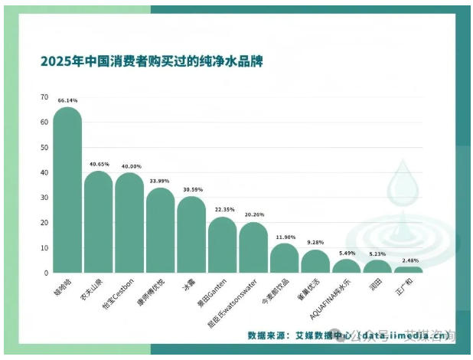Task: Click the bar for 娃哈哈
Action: tap(67, 191)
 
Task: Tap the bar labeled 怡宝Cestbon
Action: tap(129, 224)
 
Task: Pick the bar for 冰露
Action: tap(191, 236)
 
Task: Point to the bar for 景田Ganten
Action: tap(222, 246)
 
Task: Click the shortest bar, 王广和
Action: tap(408, 270)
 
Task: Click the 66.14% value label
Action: tap(67, 100)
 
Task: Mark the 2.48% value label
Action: tap(408, 260)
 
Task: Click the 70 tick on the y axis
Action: tap(44, 97)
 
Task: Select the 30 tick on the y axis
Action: tap(44, 198)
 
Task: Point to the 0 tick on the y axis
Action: tap(46, 273)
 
